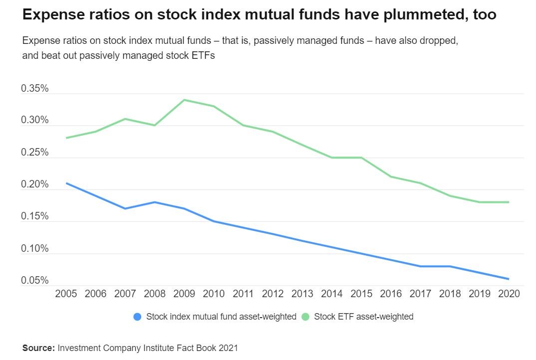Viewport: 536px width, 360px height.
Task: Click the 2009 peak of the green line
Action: (184, 100)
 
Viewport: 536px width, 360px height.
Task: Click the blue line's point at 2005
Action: (66, 183)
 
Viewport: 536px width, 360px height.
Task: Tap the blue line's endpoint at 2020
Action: (509, 279)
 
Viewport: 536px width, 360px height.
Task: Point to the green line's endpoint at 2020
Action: (509, 202)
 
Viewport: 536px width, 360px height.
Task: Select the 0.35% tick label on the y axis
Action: (34, 89)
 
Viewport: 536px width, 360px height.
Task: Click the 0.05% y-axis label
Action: (34, 281)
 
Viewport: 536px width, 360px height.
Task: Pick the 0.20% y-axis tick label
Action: (34, 185)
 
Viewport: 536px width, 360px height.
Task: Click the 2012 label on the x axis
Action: (272, 294)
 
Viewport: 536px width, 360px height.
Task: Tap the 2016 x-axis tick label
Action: (390, 294)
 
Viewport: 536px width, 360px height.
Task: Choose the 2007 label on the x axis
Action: (125, 294)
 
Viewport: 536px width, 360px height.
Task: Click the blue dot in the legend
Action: (137, 317)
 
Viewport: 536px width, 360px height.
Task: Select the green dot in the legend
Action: (305, 317)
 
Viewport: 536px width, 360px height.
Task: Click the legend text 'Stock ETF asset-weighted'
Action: (363, 317)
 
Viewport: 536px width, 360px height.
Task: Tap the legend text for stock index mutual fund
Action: (221, 317)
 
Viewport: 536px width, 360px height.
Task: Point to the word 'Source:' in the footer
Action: (39, 348)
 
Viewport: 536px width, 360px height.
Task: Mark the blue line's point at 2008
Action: (155, 202)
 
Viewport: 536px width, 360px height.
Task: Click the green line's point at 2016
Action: (390, 177)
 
